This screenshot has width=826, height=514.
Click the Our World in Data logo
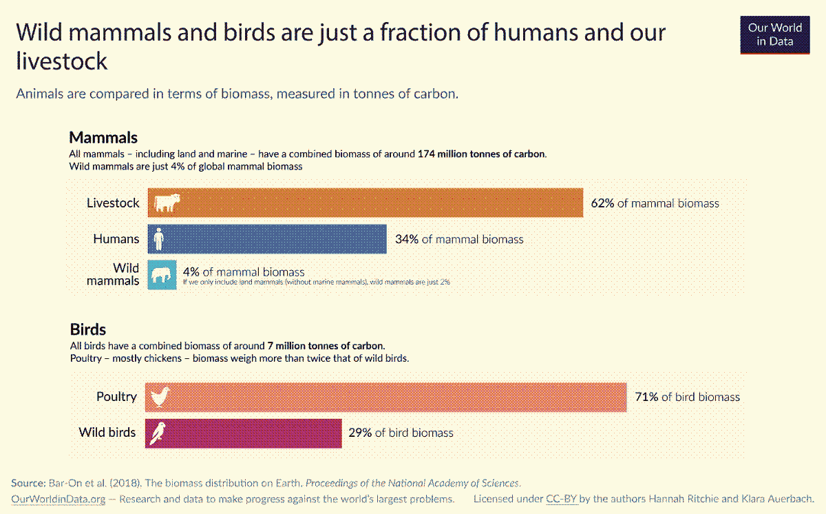775,34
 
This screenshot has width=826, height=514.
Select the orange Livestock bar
379,203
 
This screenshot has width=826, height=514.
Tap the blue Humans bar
275,238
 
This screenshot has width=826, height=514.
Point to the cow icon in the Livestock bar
167,203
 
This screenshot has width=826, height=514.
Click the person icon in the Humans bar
159,238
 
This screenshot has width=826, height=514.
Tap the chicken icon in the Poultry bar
160,397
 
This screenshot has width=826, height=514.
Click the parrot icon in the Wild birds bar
159,433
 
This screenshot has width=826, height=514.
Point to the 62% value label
602,203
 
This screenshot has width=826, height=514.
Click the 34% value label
407,239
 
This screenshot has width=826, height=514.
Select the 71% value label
646,397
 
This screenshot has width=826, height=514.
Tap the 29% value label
360,433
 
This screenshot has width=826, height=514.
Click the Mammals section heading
103,137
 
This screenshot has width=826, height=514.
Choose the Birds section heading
87,329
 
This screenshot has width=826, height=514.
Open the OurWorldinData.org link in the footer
59,498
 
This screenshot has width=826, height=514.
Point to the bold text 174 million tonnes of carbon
481,154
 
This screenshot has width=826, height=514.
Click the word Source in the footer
28,483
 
